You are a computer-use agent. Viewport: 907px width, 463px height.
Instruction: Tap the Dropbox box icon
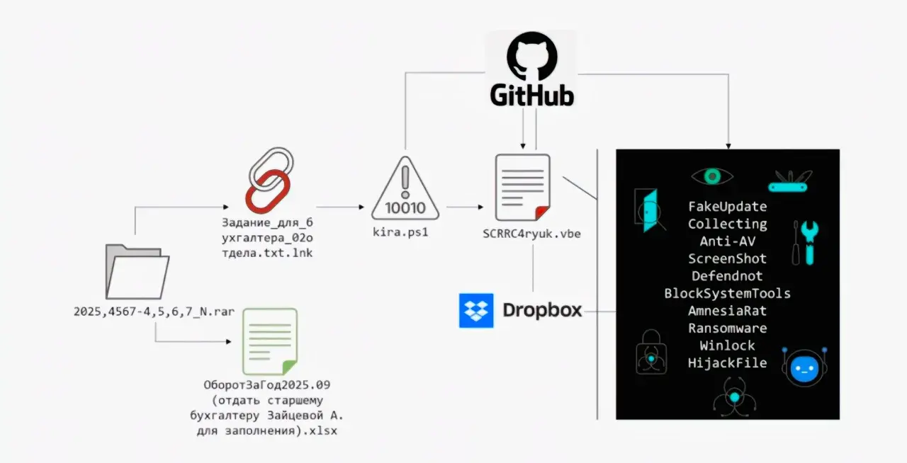[476, 310]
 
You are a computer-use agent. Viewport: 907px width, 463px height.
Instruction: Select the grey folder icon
[137, 272]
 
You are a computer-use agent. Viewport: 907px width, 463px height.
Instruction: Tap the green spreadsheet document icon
[270, 341]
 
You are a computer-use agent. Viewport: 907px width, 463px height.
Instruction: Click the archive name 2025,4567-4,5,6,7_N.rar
[154, 311]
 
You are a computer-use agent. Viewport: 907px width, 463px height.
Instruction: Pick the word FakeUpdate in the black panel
[727, 207]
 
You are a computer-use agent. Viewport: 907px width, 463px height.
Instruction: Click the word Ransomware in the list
[727, 328]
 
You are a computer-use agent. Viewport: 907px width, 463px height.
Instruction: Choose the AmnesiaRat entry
[727, 311]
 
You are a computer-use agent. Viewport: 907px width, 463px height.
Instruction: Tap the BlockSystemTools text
[727, 293]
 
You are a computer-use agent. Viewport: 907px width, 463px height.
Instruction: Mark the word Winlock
[727, 345]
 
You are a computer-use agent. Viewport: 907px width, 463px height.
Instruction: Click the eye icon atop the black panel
[711, 176]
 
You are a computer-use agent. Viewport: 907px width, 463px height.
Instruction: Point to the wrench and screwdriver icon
[806, 241]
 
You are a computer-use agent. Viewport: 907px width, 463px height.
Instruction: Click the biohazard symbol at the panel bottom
[734, 397]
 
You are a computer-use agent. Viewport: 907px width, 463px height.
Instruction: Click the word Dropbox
[542, 310]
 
